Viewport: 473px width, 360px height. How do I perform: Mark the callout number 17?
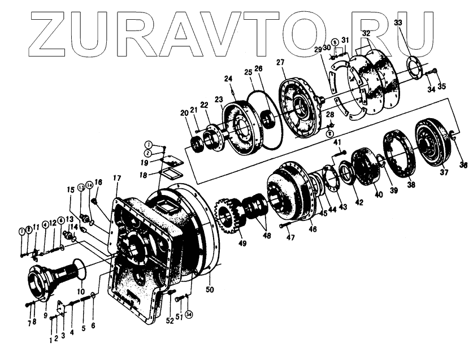(x=116, y=179)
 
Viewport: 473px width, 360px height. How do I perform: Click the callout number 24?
(x=228, y=78)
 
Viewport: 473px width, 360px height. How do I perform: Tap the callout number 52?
(x=170, y=321)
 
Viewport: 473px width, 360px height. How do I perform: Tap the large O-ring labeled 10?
(x=77, y=271)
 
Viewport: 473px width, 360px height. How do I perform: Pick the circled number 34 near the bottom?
(x=189, y=314)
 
